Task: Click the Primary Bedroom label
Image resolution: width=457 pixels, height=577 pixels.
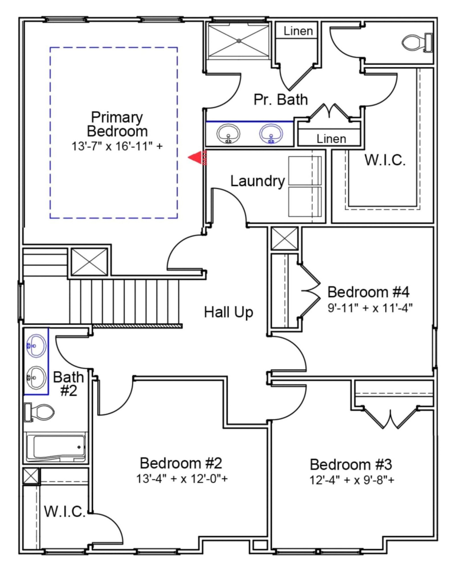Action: pyautogui.click(x=117, y=124)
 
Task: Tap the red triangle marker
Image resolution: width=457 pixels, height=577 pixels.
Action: pyautogui.click(x=196, y=158)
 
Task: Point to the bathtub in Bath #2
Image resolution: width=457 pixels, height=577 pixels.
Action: pyautogui.click(x=56, y=447)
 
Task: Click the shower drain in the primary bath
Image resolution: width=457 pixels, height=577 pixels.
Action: pyautogui.click(x=239, y=41)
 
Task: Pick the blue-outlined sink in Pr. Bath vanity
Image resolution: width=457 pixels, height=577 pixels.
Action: pyautogui.click(x=271, y=134)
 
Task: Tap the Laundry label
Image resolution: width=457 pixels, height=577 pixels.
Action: pyautogui.click(x=257, y=181)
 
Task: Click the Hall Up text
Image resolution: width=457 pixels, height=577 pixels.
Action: pyautogui.click(x=228, y=312)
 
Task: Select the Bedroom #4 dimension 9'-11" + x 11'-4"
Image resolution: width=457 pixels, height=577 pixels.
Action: pyautogui.click(x=370, y=308)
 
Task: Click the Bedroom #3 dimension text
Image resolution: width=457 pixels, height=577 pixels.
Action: pyautogui.click(x=352, y=480)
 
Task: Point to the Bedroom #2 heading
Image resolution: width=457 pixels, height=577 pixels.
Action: pyautogui.click(x=181, y=463)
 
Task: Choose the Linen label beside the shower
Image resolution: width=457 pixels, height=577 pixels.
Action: pyautogui.click(x=298, y=31)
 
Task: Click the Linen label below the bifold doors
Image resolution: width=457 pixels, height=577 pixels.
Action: pyautogui.click(x=331, y=139)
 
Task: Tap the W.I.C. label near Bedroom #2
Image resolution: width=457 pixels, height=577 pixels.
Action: pyautogui.click(x=65, y=512)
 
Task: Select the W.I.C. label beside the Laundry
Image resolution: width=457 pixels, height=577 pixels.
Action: pyautogui.click(x=385, y=160)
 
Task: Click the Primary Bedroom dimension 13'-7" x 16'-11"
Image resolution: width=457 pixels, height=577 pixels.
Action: pyautogui.click(x=117, y=146)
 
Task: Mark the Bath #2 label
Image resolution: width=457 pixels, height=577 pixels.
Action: pyautogui.click(x=69, y=384)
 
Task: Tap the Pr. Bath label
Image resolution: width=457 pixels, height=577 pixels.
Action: pyautogui.click(x=281, y=100)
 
